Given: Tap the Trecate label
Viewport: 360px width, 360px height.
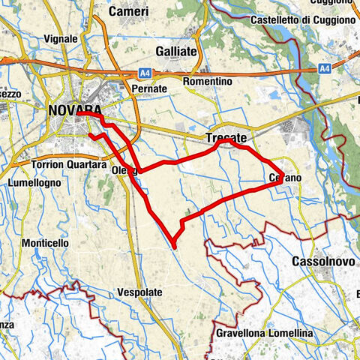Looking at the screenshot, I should tap(226, 138).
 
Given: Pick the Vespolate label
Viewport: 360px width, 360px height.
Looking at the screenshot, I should tap(141, 291).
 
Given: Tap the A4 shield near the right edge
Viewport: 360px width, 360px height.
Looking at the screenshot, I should tap(325, 67).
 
